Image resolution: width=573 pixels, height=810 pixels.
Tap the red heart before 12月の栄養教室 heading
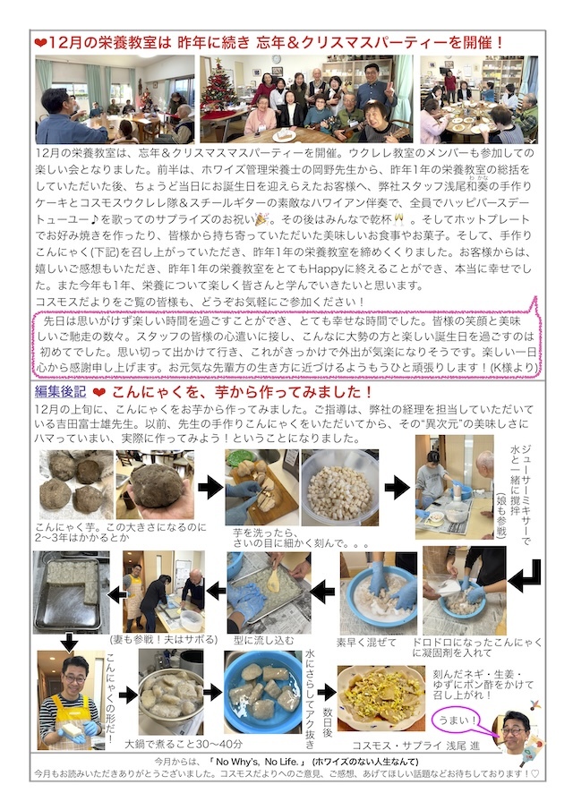(39, 42)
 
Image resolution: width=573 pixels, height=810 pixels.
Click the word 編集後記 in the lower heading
(59, 393)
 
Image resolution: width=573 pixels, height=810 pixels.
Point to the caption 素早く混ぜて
(365, 642)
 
